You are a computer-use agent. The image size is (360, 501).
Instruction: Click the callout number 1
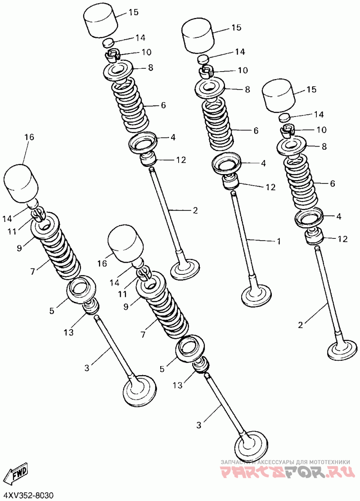(x=279, y=241)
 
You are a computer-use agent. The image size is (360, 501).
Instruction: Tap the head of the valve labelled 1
(x=256, y=295)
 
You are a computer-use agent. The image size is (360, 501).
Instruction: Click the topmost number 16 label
(x=29, y=137)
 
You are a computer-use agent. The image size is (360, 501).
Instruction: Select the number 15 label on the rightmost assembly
(x=311, y=89)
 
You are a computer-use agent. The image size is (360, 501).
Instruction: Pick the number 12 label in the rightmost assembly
(x=342, y=239)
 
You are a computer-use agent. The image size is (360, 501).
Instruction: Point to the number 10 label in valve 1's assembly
(x=243, y=70)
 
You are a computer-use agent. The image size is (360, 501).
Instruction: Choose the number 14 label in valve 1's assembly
(x=240, y=52)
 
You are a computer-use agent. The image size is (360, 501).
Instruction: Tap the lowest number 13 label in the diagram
(x=178, y=385)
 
